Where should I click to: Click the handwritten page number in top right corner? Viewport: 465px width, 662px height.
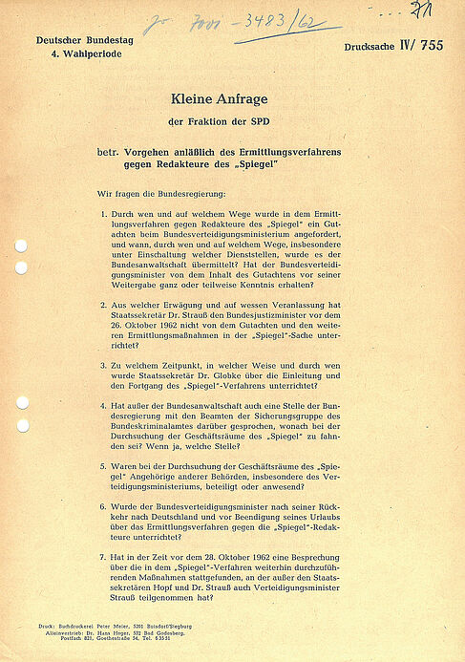[x=415, y=9]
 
